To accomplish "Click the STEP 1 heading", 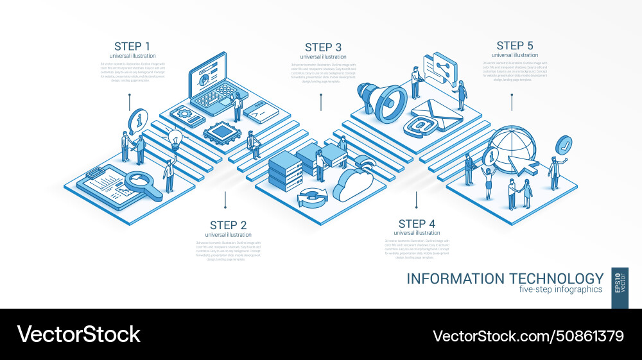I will click(132, 46).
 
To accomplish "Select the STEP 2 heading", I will click(228, 225).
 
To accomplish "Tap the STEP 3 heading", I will click(323, 47).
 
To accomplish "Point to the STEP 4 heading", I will click(417, 224).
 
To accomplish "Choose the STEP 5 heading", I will click(514, 46).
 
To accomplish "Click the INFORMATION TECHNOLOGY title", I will click(505, 279).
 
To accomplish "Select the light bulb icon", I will click(175, 137).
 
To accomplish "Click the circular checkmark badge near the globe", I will click(565, 144).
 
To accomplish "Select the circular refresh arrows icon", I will click(313, 198).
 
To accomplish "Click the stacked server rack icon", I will click(286, 169).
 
